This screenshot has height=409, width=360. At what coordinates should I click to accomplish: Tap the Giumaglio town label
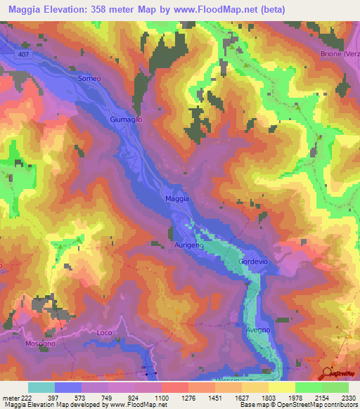pos(127,120)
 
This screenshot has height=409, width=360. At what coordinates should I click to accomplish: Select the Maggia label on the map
pos(177,199)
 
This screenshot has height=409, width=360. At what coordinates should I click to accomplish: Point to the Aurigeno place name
pos(188,245)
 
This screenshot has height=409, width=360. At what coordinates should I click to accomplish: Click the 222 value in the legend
pos(26,397)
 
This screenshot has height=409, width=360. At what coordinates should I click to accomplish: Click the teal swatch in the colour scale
pos(41,387)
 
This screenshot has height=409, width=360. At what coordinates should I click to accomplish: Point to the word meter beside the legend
pos(10,397)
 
